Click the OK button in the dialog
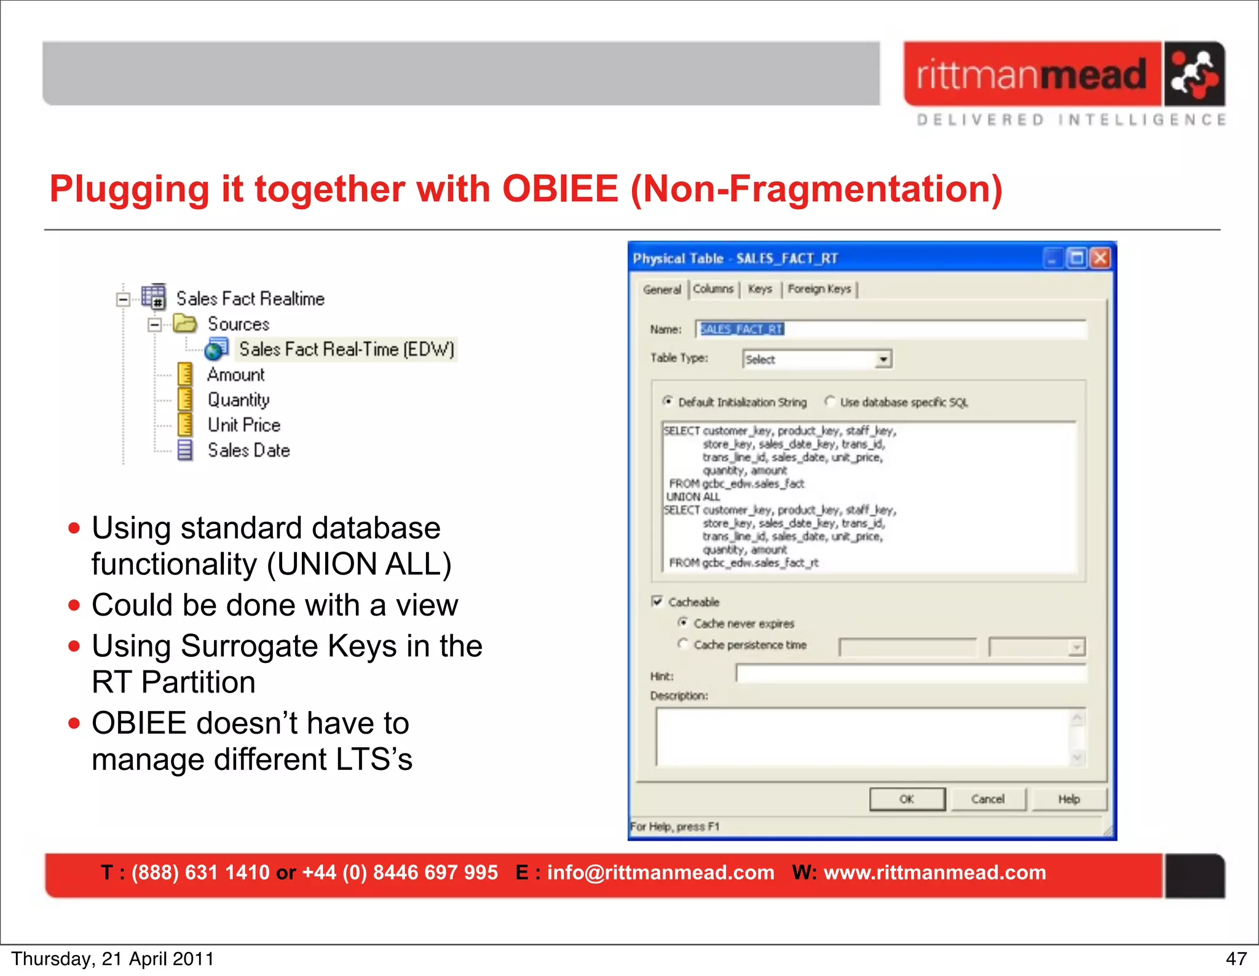coord(907,799)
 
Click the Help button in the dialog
coord(1069,799)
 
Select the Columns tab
coord(713,289)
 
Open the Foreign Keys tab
coord(819,289)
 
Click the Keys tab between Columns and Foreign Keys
coord(760,289)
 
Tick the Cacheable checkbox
coord(657,601)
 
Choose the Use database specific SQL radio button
coord(830,402)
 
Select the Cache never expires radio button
coord(683,623)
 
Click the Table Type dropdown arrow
coord(883,359)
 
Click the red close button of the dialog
coord(1100,258)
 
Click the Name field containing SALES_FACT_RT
coord(891,330)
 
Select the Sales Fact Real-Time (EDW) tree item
coord(346,349)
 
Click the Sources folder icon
coord(184,323)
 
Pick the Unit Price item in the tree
coord(243,425)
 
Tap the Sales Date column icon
coord(184,450)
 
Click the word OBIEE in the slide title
coord(560,189)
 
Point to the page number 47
coord(1236,959)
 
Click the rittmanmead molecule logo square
coord(1194,74)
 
